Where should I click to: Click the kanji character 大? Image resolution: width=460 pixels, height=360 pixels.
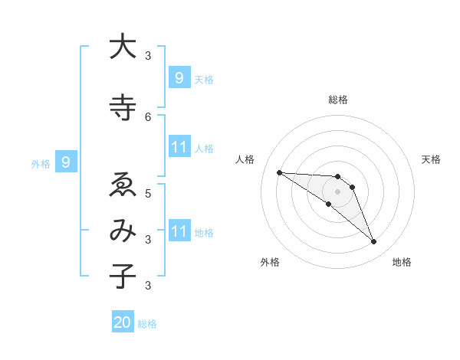122,47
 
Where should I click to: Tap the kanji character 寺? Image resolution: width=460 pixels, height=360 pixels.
122,107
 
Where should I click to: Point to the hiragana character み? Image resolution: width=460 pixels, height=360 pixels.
122,231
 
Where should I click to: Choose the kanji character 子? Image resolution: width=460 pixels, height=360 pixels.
122,277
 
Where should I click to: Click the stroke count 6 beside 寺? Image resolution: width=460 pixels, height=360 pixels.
148,116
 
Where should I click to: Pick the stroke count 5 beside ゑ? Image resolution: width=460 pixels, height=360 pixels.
148,193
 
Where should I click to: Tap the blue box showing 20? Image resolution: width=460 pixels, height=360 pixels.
122,322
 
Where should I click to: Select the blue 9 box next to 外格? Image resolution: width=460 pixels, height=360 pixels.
66,162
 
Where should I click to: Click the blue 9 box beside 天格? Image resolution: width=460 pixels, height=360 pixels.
179,78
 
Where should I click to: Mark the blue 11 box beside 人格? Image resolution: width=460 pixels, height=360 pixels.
179,147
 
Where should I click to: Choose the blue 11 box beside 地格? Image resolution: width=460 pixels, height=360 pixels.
179,231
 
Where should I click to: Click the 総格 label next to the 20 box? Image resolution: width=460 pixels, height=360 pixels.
147,324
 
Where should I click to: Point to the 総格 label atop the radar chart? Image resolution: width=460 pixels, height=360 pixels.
337,100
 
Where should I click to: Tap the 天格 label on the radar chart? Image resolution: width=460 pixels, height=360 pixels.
431,159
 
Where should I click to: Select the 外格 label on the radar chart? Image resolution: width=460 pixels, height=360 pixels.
270,262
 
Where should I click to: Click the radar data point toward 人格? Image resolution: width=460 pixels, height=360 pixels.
279,172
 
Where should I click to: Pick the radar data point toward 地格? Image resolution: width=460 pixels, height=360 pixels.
373,242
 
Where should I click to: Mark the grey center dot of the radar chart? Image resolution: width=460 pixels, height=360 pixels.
337,191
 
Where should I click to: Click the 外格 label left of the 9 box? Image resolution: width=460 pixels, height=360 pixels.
41,163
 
